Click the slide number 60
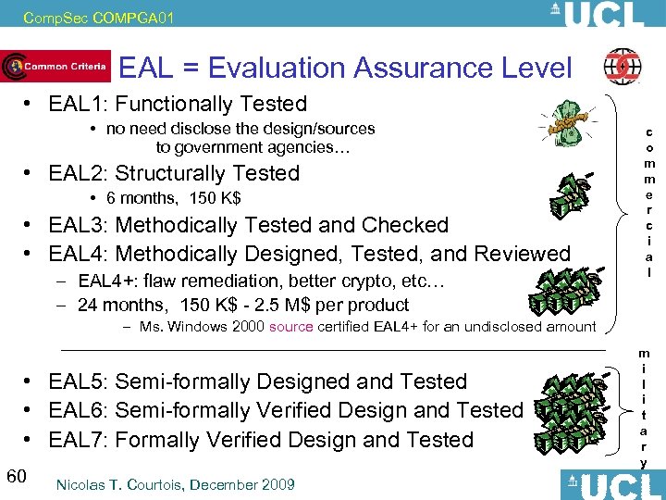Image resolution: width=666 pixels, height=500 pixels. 16,476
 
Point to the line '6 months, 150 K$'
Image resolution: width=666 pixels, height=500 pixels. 174,198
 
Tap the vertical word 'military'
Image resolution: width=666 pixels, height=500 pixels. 643,406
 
